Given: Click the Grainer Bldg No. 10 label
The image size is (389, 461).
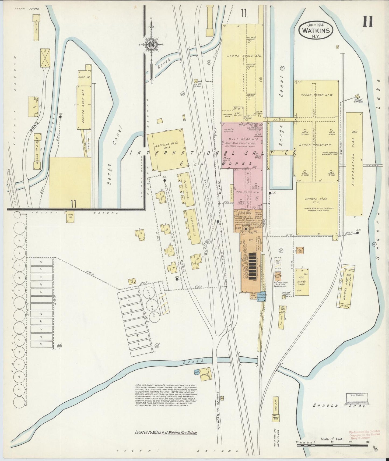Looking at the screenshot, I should (316, 200).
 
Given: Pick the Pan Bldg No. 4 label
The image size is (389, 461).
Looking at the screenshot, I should (243, 193).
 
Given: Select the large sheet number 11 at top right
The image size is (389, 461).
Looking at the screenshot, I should (367, 22).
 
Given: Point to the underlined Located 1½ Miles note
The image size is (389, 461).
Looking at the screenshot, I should (166, 433).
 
